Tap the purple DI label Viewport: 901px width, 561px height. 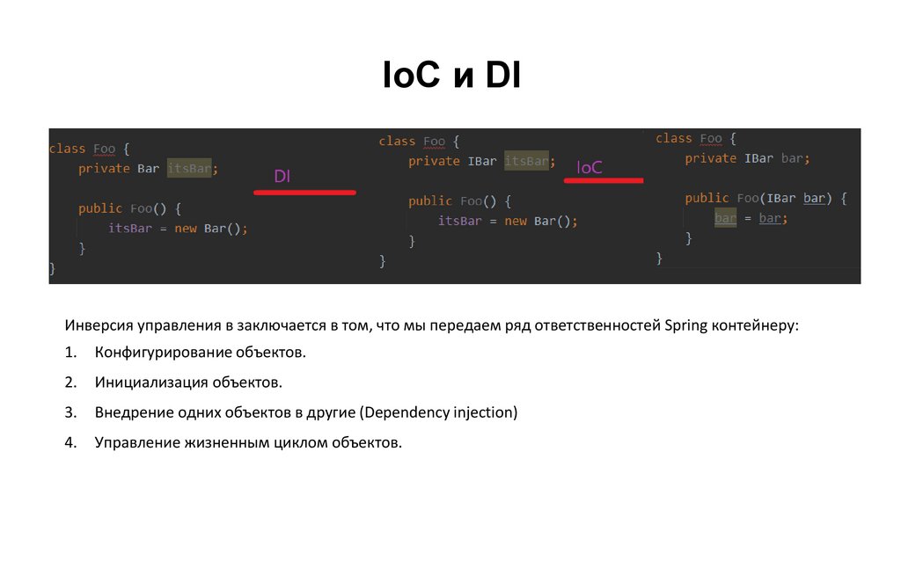tap(282, 177)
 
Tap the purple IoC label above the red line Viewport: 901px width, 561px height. tap(590, 167)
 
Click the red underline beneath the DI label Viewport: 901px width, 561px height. tap(304, 191)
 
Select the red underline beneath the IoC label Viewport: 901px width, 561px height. tap(604, 180)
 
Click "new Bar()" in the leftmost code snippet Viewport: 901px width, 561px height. tap(211, 229)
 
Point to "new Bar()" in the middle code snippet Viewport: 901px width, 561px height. tap(540, 222)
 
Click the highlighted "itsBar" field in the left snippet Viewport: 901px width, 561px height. tap(189, 169)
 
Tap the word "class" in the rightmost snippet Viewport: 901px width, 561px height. tap(674, 139)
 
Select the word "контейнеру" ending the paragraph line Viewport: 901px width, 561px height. tap(758, 326)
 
